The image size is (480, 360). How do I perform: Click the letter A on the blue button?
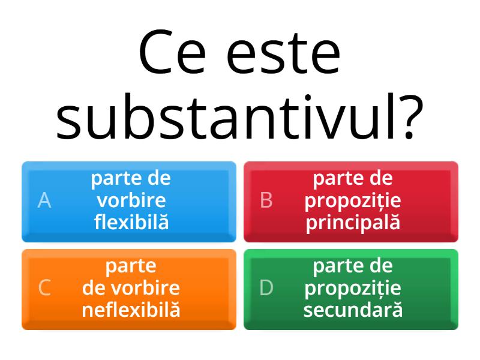pos(44,200)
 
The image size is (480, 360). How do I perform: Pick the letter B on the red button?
pos(266,200)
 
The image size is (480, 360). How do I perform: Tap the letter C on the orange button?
pos(44,288)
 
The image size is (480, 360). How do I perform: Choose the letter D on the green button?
pos(266,288)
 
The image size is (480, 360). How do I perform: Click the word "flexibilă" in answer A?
pos(131,223)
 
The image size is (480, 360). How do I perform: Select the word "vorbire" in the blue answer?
pos(131,200)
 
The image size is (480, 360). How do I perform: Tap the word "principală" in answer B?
pos(353,223)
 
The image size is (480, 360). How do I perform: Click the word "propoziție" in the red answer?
pos(353,200)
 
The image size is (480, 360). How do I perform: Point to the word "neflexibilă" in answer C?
pos(131,310)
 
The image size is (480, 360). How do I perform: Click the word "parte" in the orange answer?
pos(131,266)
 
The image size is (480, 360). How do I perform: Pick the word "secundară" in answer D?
pos(353,310)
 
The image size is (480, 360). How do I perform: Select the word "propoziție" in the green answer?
pos(353,288)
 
